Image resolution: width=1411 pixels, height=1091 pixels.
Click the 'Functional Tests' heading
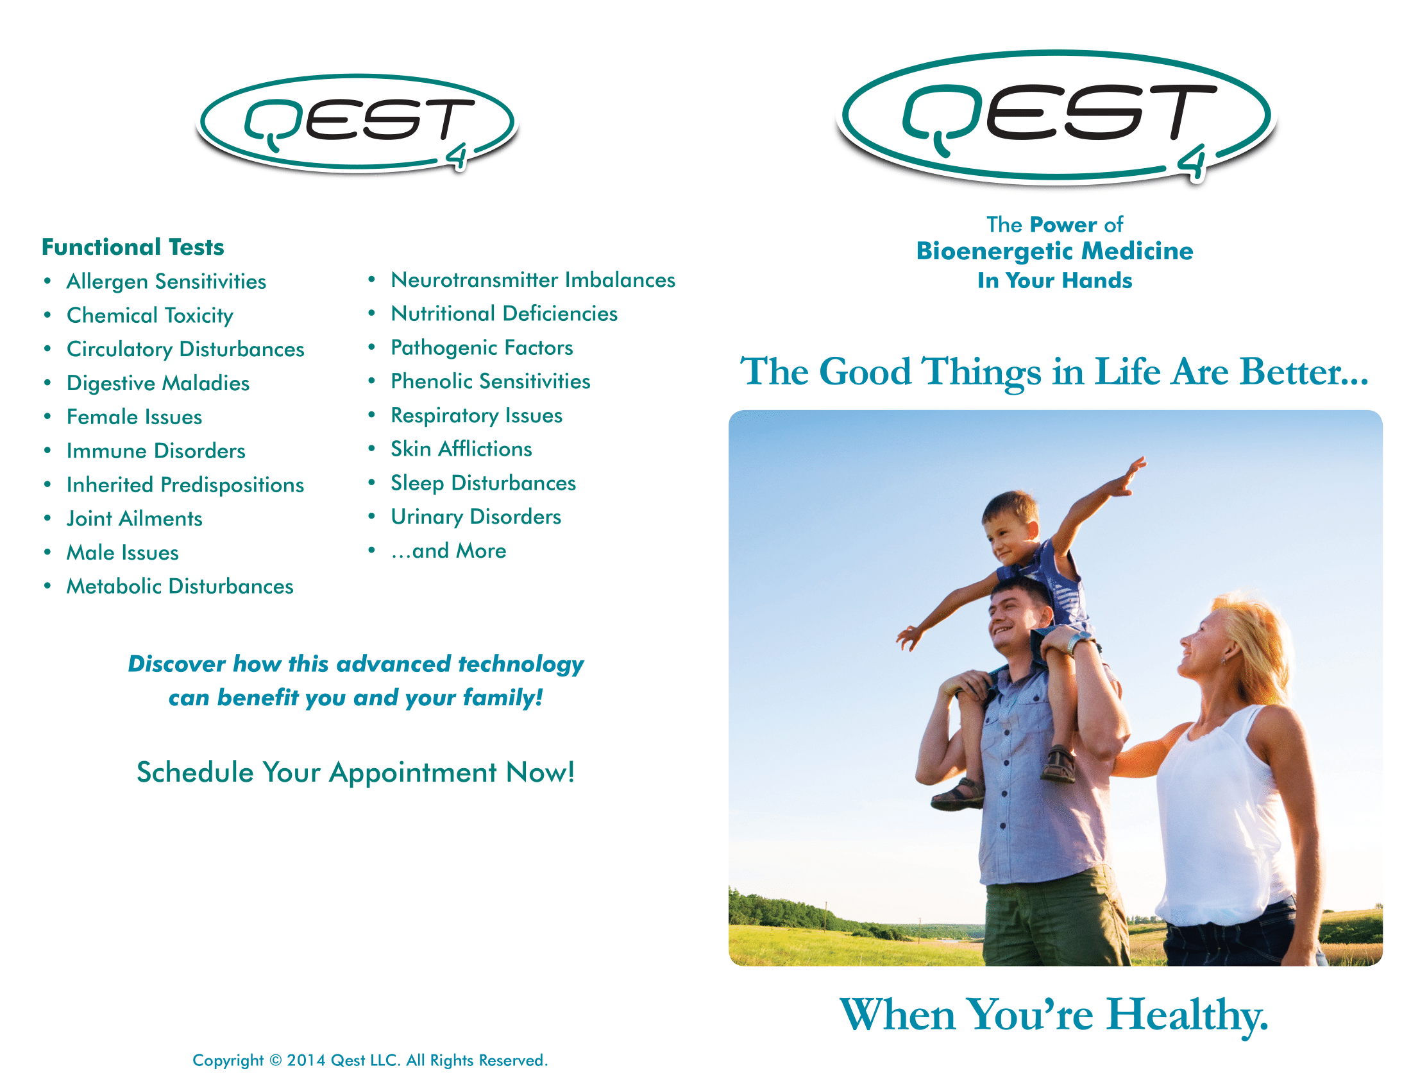pyautogui.click(x=133, y=247)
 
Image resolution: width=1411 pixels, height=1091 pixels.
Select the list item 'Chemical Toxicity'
pyautogui.click(x=150, y=315)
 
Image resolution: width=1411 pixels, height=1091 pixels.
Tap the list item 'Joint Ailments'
pyautogui.click(x=135, y=519)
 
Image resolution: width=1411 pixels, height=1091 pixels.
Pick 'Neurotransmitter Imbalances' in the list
pyautogui.click(x=533, y=280)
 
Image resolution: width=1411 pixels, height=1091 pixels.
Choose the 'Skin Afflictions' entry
pyautogui.click(x=461, y=449)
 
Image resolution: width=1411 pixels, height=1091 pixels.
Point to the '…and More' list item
pyautogui.click(x=448, y=551)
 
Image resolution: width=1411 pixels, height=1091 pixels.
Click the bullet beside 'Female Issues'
pyautogui.click(x=47, y=417)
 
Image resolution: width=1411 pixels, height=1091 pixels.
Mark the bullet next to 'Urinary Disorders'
pyautogui.click(x=371, y=517)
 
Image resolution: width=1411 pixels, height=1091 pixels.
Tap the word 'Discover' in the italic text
pyautogui.click(x=176, y=664)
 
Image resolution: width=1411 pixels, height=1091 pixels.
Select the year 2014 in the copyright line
pyautogui.click(x=306, y=1061)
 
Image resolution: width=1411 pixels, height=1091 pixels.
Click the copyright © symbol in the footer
pyautogui.click(x=275, y=1061)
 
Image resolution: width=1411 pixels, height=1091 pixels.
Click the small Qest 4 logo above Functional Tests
pyautogui.click(x=357, y=123)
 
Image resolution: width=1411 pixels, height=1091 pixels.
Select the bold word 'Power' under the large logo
pyautogui.click(x=1063, y=224)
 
